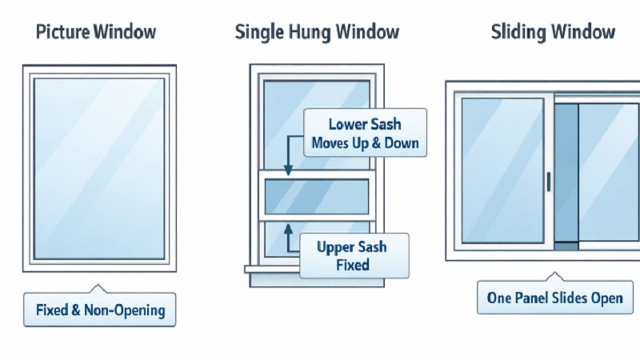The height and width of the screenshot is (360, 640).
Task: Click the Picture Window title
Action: tap(97, 33)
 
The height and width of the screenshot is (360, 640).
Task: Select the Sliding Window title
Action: tap(553, 33)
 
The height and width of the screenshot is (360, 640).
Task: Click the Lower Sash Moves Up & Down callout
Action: tap(365, 134)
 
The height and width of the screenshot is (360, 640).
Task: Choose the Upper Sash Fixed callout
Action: tap(353, 255)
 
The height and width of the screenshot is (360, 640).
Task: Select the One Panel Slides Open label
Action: tap(554, 298)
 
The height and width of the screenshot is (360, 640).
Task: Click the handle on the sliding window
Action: tap(549, 181)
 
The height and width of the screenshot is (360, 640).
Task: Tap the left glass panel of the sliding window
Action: tap(502, 170)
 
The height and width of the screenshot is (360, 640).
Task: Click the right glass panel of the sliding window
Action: tap(608, 170)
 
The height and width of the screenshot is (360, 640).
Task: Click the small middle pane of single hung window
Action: tap(316, 196)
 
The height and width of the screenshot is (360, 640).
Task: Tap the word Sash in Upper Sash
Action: tap(372, 246)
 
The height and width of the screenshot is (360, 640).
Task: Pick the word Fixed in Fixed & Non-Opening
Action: tap(52, 309)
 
